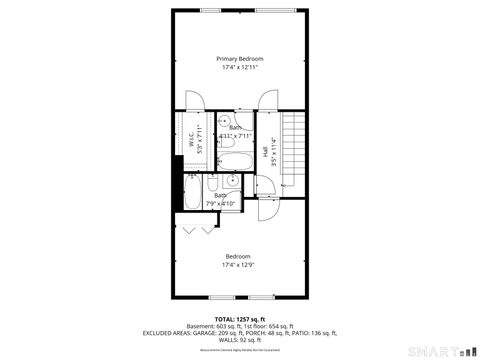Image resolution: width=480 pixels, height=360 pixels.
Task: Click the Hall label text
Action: [x=264, y=151]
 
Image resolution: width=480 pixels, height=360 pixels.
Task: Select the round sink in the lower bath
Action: [x=231, y=181]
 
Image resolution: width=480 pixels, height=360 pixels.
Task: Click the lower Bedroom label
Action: [x=238, y=255]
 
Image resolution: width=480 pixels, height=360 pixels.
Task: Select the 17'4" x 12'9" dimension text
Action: [x=238, y=264]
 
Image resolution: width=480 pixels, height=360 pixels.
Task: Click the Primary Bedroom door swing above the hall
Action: [x=268, y=102]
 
